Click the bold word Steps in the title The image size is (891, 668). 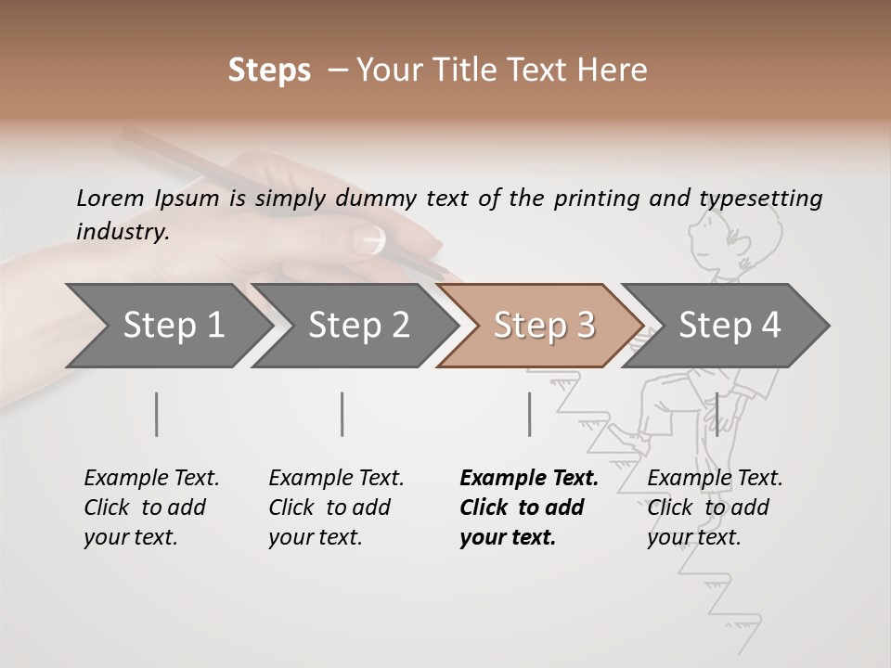[x=269, y=71]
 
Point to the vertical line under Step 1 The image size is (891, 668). [x=157, y=414]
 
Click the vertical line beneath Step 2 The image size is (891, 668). [x=342, y=414]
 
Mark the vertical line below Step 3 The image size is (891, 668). [x=529, y=414]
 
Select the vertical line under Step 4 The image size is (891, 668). [x=717, y=414]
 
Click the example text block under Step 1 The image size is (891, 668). [x=151, y=507]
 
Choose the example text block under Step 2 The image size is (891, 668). [x=336, y=507]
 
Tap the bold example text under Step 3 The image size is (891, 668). [x=529, y=507]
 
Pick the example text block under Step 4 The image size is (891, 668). [x=715, y=507]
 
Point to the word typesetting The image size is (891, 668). [x=760, y=198]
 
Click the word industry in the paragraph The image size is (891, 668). [x=123, y=231]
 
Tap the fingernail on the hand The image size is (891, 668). [x=372, y=239]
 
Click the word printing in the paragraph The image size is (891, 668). [x=598, y=198]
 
